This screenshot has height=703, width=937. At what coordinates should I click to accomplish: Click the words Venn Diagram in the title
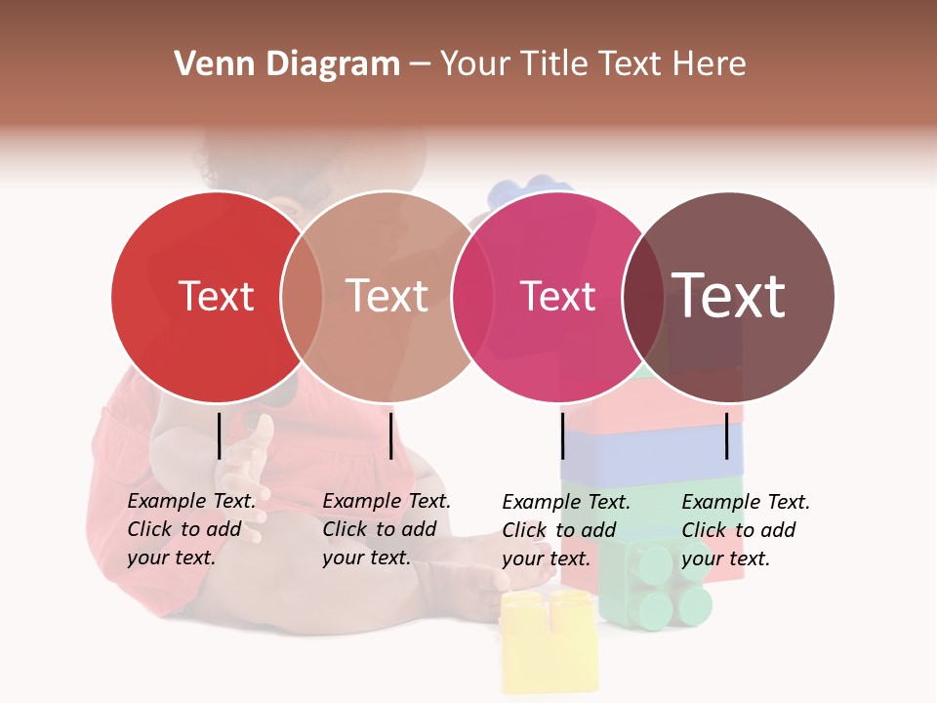click(287, 64)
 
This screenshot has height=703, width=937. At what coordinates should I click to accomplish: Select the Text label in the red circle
click(216, 296)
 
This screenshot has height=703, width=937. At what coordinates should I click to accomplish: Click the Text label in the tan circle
click(387, 296)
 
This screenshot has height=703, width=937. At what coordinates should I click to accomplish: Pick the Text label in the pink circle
click(558, 296)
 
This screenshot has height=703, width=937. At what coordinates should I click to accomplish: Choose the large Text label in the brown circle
click(729, 295)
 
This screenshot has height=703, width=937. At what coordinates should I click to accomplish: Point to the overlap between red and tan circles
click(302, 296)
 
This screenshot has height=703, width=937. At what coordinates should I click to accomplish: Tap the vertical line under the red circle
click(220, 435)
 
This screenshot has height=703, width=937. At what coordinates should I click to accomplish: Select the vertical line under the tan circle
click(390, 435)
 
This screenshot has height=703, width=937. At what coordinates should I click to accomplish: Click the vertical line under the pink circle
click(563, 435)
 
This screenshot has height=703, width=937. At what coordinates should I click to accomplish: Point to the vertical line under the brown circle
click(727, 435)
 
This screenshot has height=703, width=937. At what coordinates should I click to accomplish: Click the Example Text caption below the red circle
click(191, 529)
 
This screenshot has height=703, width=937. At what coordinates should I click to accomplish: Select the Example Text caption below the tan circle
click(387, 529)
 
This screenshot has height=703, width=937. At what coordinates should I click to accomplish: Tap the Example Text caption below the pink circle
click(566, 530)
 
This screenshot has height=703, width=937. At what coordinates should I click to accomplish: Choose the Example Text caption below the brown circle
click(746, 530)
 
